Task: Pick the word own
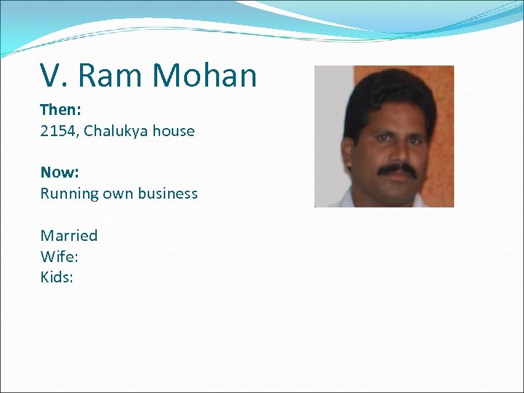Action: click(x=117, y=194)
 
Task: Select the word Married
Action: click(x=69, y=235)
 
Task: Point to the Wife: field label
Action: click(x=59, y=256)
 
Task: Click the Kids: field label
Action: click(x=57, y=277)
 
